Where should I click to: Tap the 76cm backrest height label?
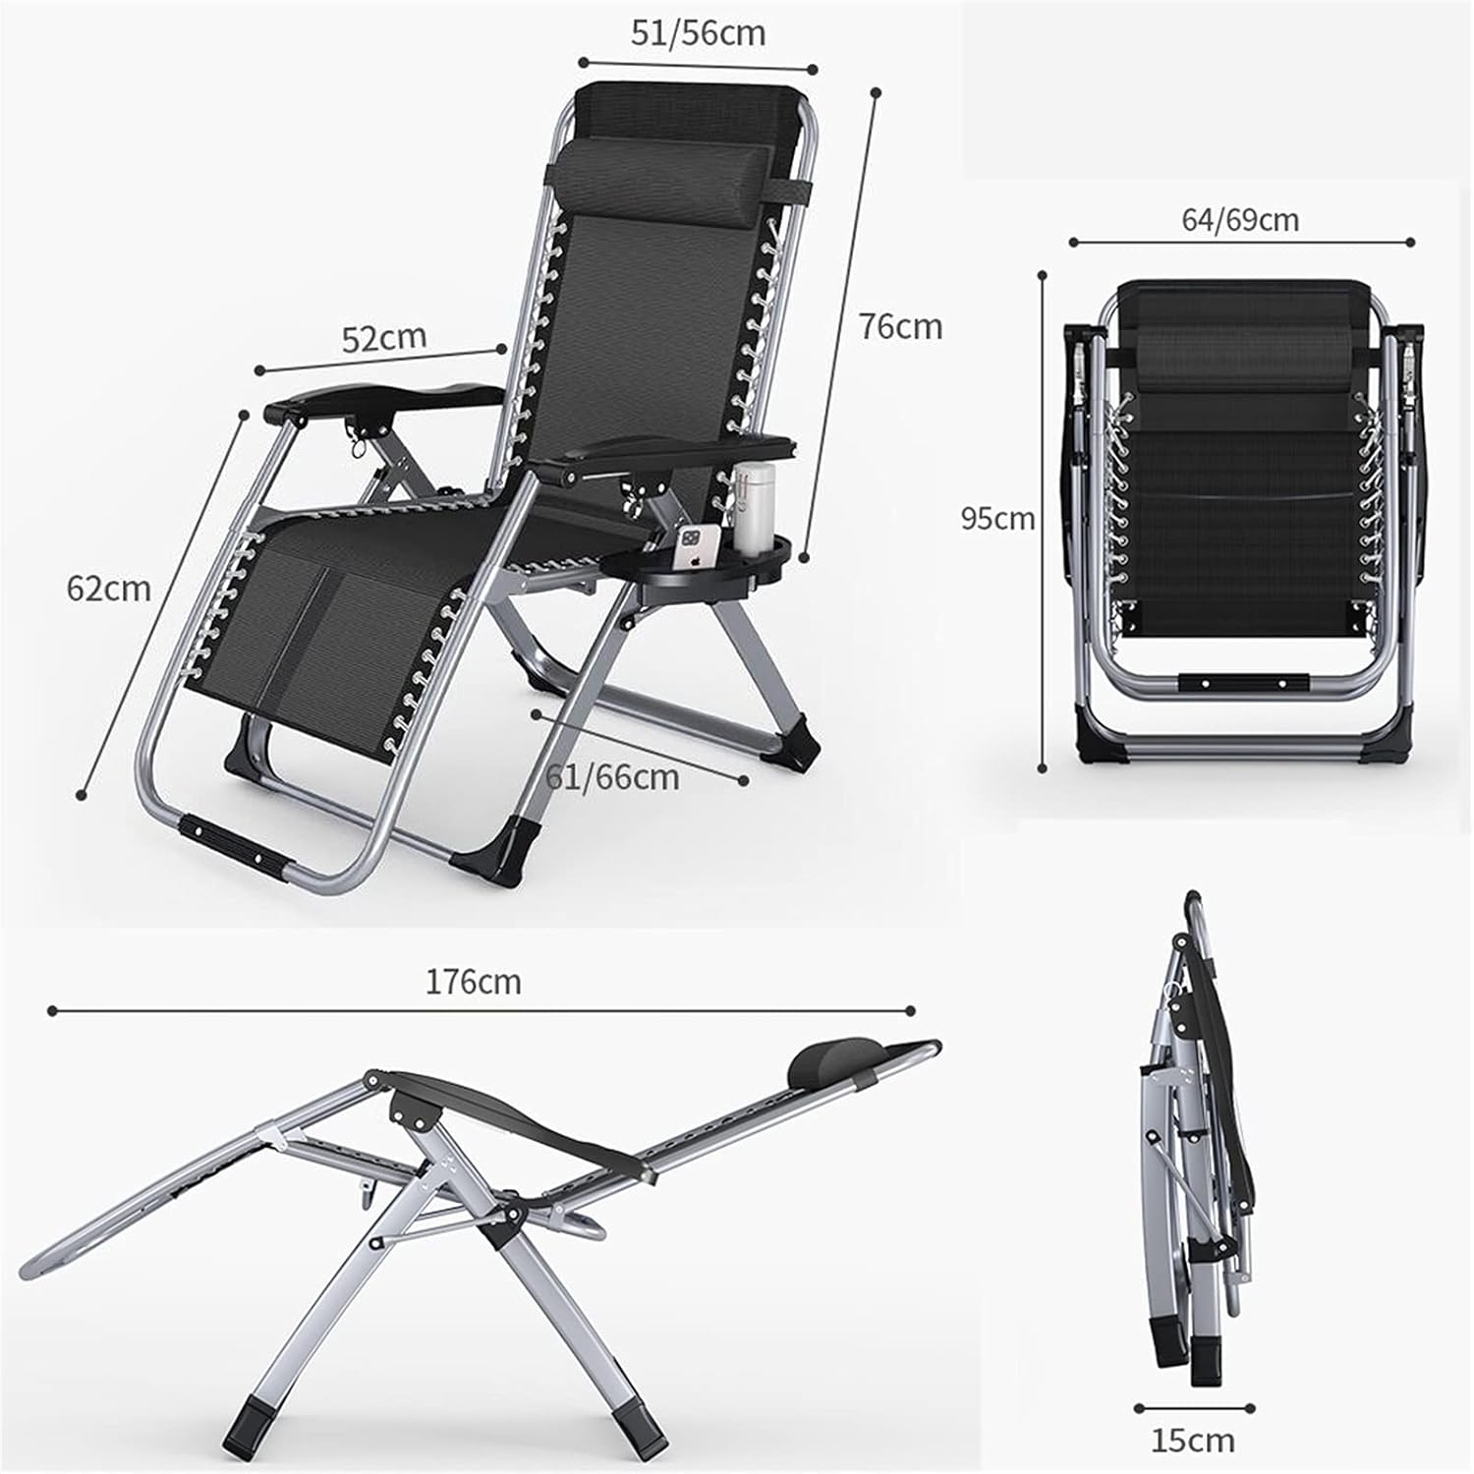[x=900, y=325]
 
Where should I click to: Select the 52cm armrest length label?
[x=384, y=338]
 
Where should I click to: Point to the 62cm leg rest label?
[x=109, y=588]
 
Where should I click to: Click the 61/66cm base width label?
[x=612, y=776]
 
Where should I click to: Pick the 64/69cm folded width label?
[x=1239, y=219]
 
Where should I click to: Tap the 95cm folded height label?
[x=997, y=518]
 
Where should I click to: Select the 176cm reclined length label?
[x=473, y=981]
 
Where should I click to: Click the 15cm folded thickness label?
[x=1193, y=1441]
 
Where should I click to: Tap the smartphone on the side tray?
[x=692, y=546]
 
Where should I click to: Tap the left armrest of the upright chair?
[x=383, y=397]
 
